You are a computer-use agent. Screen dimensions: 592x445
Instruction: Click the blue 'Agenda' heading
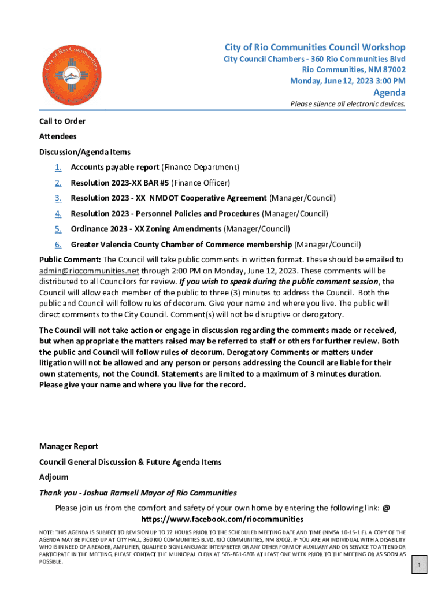(x=389, y=92)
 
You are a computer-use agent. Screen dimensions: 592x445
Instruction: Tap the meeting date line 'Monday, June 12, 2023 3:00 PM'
(x=347, y=80)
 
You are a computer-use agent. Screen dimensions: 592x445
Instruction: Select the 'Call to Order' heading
(x=62, y=121)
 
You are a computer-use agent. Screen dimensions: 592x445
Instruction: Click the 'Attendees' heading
(x=58, y=136)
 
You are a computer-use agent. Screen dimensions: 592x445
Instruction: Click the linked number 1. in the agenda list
(x=58, y=168)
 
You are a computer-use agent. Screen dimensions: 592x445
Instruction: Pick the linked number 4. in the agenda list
(x=58, y=214)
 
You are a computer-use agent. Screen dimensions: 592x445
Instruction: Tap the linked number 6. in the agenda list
(x=58, y=245)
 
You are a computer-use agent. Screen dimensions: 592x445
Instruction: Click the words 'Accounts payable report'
(x=114, y=168)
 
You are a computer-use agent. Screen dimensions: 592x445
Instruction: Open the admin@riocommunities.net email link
(x=89, y=271)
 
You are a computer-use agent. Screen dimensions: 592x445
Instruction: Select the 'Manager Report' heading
(x=68, y=446)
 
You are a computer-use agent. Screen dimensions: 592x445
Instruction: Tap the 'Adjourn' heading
(x=54, y=477)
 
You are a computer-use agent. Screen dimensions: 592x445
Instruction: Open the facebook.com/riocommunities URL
(x=222, y=519)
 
